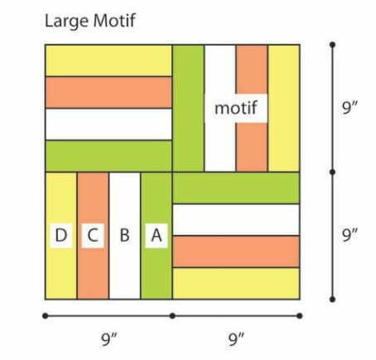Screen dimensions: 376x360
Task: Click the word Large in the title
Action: tap(66, 22)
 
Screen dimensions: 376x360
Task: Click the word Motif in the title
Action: tap(114, 21)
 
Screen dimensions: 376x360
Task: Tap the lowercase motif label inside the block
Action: tap(236, 108)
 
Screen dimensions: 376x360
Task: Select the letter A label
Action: tap(157, 235)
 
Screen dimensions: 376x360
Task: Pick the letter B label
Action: tap(124, 235)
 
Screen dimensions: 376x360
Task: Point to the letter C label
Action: tap(93, 235)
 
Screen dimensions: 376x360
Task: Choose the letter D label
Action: tap(61, 235)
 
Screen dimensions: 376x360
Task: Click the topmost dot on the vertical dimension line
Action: tap(333, 45)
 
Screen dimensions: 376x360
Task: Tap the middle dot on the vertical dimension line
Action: tap(333, 172)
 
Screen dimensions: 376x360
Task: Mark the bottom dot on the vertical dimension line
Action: tap(333, 300)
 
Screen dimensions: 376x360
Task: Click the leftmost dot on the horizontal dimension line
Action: tap(46, 315)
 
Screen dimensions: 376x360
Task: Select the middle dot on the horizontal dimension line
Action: tap(172, 315)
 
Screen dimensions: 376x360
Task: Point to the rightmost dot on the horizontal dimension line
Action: tap(300, 315)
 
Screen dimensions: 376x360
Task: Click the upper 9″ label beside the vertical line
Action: tap(349, 108)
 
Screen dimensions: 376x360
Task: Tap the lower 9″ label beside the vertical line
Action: tap(349, 235)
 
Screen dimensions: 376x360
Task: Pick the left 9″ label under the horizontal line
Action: tap(109, 339)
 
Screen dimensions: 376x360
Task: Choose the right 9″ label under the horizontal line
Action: tap(236, 339)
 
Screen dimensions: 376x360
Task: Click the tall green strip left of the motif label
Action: tap(188, 108)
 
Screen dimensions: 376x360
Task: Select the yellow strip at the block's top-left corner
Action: tap(108, 60)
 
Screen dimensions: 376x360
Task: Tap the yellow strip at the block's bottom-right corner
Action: tap(236, 283)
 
